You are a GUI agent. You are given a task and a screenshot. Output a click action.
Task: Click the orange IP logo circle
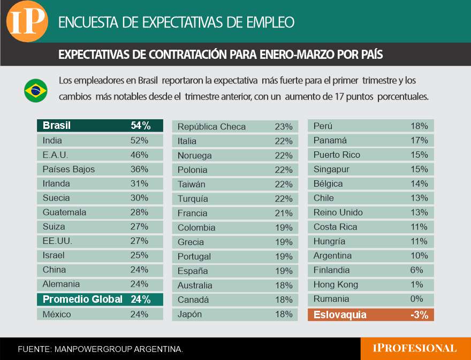point(27,21)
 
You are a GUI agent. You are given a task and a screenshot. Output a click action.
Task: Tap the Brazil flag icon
point(36,90)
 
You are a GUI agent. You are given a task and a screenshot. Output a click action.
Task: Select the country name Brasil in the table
point(57,126)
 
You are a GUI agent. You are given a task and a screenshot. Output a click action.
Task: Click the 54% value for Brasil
point(140,126)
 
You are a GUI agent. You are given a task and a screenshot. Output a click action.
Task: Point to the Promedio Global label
point(82,299)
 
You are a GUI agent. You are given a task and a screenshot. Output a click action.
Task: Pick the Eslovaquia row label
point(340,315)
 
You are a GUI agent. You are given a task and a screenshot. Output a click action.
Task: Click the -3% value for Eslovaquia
point(419,315)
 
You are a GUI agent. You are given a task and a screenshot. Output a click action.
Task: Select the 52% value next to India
point(139,140)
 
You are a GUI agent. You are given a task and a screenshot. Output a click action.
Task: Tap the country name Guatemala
point(64,212)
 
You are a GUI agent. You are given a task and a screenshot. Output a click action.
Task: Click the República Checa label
point(211,127)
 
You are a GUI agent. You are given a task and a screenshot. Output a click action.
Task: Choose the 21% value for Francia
point(284,213)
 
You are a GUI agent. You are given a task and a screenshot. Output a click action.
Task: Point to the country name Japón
point(189,314)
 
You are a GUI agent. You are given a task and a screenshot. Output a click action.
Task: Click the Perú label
point(323,126)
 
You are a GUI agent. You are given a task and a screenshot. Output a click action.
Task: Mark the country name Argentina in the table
point(332,256)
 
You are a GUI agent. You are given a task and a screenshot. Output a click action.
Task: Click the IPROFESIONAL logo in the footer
point(415,349)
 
